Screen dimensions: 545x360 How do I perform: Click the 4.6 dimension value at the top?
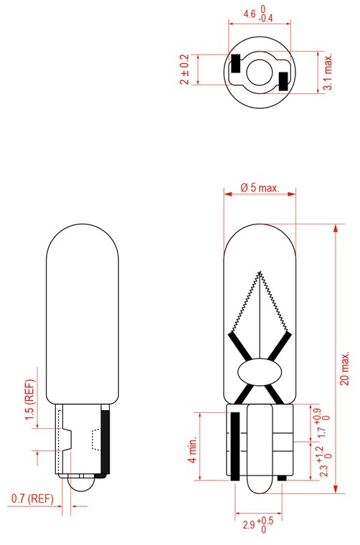coord(250,14)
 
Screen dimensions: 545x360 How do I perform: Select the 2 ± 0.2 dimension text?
coord(185,70)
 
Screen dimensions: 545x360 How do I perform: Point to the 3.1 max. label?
coord(328,72)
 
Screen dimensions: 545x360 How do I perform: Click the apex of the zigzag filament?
coord(260,271)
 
